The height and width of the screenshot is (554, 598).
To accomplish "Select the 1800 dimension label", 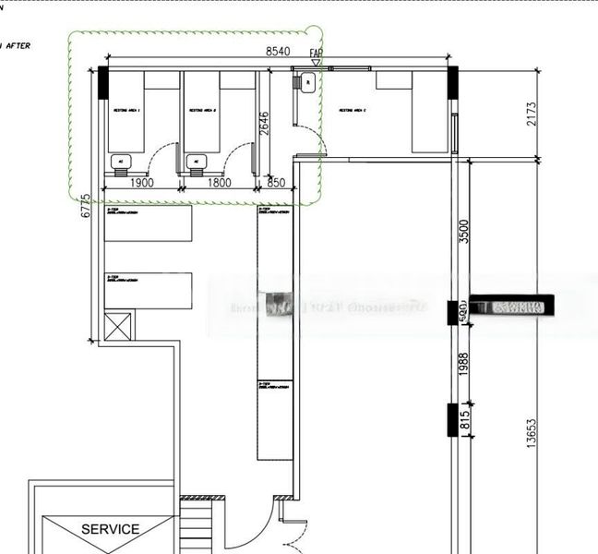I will (x=219, y=183).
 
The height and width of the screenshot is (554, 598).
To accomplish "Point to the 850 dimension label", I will (x=276, y=183).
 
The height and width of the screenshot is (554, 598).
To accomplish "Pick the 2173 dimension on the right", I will (x=530, y=113).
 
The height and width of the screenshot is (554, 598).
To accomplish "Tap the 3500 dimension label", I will (x=464, y=231).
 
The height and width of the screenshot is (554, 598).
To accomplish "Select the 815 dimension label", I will (x=464, y=420).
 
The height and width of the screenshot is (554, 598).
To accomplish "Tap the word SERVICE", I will (x=111, y=529).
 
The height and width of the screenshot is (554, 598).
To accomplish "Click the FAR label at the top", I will (x=317, y=54).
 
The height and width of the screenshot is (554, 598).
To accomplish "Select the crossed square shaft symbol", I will (x=118, y=326).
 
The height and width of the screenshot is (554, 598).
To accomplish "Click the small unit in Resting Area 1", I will (x=119, y=163).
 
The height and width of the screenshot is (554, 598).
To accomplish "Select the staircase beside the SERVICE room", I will (x=195, y=527).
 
